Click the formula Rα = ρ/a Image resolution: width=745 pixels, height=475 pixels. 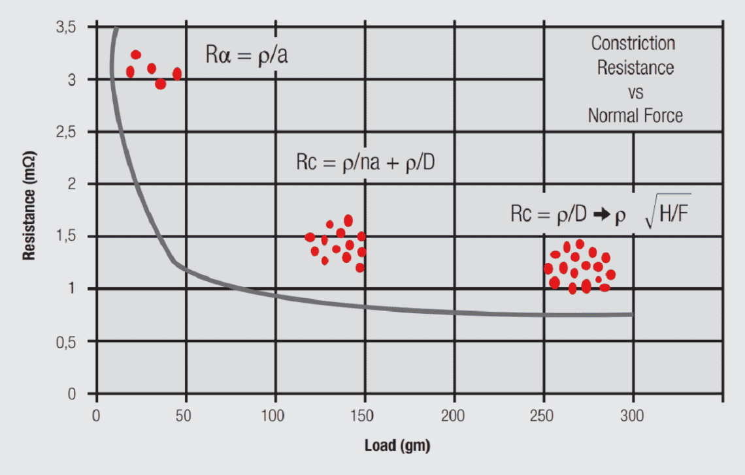coord(247,55)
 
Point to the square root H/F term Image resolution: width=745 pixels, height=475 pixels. coord(667,214)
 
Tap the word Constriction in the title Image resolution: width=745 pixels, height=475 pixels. coord(633,44)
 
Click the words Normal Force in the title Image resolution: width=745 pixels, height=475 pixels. coord(635,116)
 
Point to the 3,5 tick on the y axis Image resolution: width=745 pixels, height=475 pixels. coord(67,27)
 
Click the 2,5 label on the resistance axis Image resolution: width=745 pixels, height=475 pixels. coord(67,132)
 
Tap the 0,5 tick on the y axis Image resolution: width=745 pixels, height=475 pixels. coord(67,341)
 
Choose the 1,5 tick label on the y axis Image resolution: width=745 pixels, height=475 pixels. coord(67,236)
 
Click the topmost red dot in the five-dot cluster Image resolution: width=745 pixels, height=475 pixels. coord(136,55)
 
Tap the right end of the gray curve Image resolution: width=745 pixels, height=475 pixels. coord(631,314)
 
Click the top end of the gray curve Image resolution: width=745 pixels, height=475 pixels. coord(116,29)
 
